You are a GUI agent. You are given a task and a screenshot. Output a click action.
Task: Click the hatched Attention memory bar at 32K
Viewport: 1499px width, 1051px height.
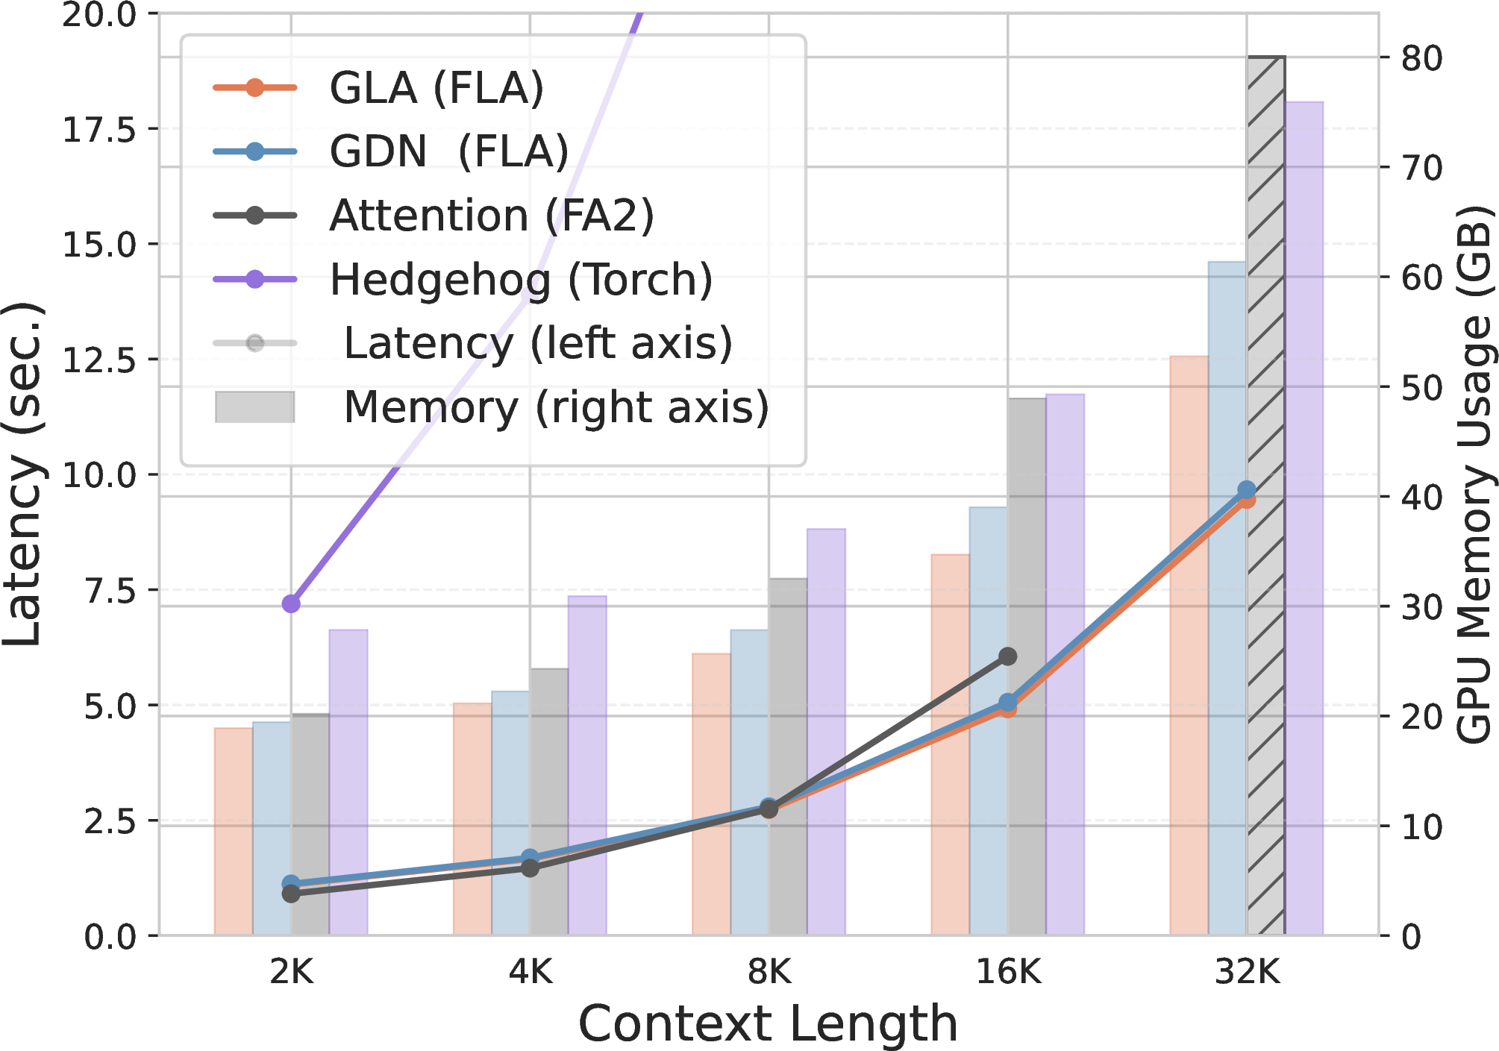pos(1265,495)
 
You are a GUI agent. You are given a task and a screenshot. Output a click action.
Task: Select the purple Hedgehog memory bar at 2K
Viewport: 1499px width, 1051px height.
pos(348,782)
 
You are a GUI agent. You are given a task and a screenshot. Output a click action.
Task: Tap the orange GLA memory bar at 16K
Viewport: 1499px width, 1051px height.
pos(951,744)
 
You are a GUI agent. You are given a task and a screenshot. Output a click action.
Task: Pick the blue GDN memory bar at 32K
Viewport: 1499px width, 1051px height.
pos(1227,598)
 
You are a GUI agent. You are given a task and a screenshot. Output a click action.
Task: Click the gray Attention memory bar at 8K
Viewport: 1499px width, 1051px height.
pos(788,756)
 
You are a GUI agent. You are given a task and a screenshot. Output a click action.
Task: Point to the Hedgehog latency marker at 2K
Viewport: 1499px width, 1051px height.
pos(291,603)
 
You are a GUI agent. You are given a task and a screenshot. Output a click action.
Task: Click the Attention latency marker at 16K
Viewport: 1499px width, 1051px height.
pos(1008,656)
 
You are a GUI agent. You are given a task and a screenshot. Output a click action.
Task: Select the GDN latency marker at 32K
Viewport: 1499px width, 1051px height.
pos(1246,490)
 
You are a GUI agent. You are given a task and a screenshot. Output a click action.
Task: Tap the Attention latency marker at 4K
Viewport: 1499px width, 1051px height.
pos(530,868)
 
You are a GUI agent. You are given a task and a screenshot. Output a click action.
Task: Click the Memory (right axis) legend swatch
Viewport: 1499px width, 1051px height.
pos(255,407)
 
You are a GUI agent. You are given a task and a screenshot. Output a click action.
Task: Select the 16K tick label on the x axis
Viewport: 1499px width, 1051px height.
pos(1009,972)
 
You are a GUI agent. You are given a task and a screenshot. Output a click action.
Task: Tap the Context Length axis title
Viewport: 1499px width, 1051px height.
pos(768,1023)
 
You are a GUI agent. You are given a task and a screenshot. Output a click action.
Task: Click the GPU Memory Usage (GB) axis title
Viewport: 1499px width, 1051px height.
pos(1474,474)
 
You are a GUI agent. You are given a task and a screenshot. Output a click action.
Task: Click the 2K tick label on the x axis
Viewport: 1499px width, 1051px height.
pos(292,972)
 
